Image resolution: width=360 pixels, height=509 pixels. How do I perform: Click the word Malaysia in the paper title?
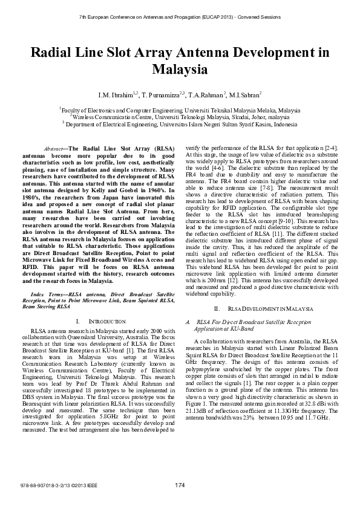pyautogui.click(x=179, y=70)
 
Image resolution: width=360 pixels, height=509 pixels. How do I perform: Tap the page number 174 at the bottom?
pyautogui.click(x=180, y=486)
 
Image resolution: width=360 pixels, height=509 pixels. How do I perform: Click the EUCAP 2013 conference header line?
pyautogui.click(x=180, y=17)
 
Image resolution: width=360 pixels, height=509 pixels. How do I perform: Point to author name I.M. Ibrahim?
pyautogui.click(x=117, y=95)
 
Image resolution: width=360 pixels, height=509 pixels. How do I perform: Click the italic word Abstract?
pyautogui.click(x=55, y=148)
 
